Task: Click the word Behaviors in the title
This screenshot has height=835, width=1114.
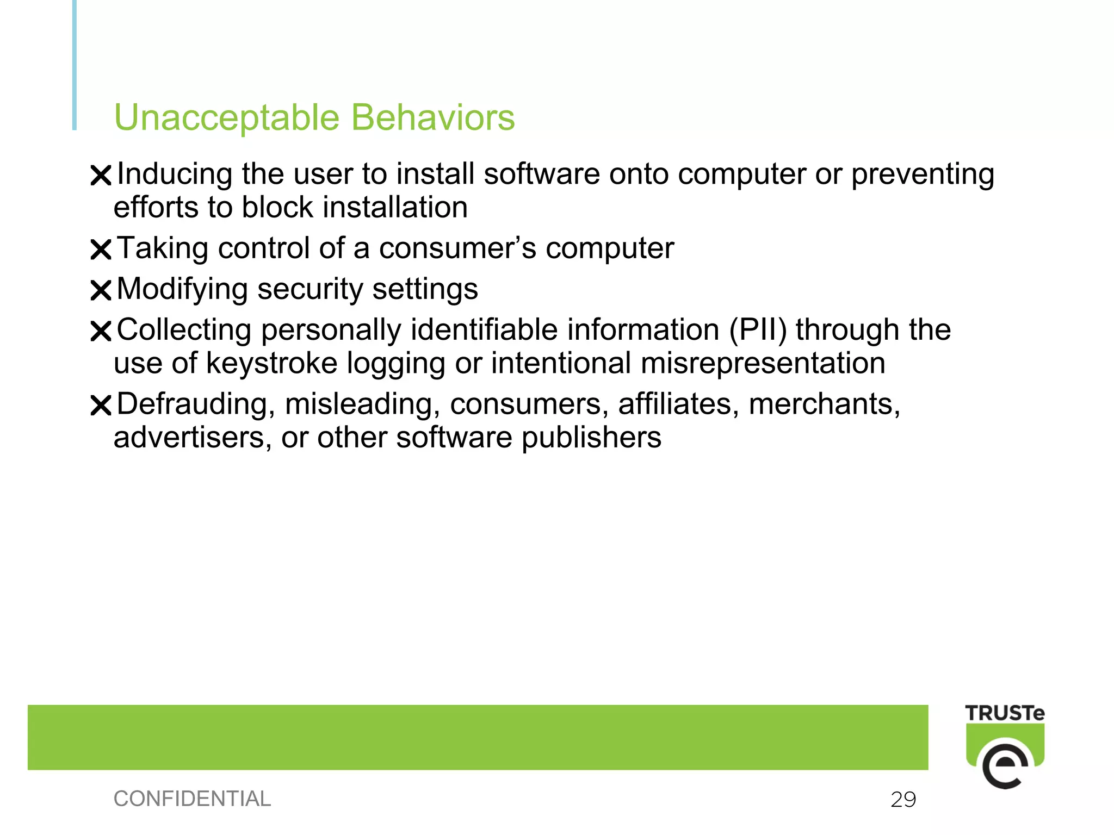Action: point(432,117)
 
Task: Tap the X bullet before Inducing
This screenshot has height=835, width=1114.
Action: point(101,176)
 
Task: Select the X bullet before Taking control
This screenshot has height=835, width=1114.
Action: point(101,250)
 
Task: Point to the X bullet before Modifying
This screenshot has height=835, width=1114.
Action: point(101,290)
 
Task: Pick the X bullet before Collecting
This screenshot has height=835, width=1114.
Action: point(101,331)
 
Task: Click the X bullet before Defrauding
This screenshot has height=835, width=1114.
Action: point(101,405)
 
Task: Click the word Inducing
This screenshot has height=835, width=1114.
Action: point(175,175)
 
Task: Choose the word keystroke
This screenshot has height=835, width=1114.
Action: point(271,363)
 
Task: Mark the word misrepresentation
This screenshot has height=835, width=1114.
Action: point(763,363)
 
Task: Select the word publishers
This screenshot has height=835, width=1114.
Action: point(592,438)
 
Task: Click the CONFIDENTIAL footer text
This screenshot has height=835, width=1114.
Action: point(192,799)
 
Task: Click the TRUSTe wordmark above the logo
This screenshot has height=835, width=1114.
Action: point(1004,713)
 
